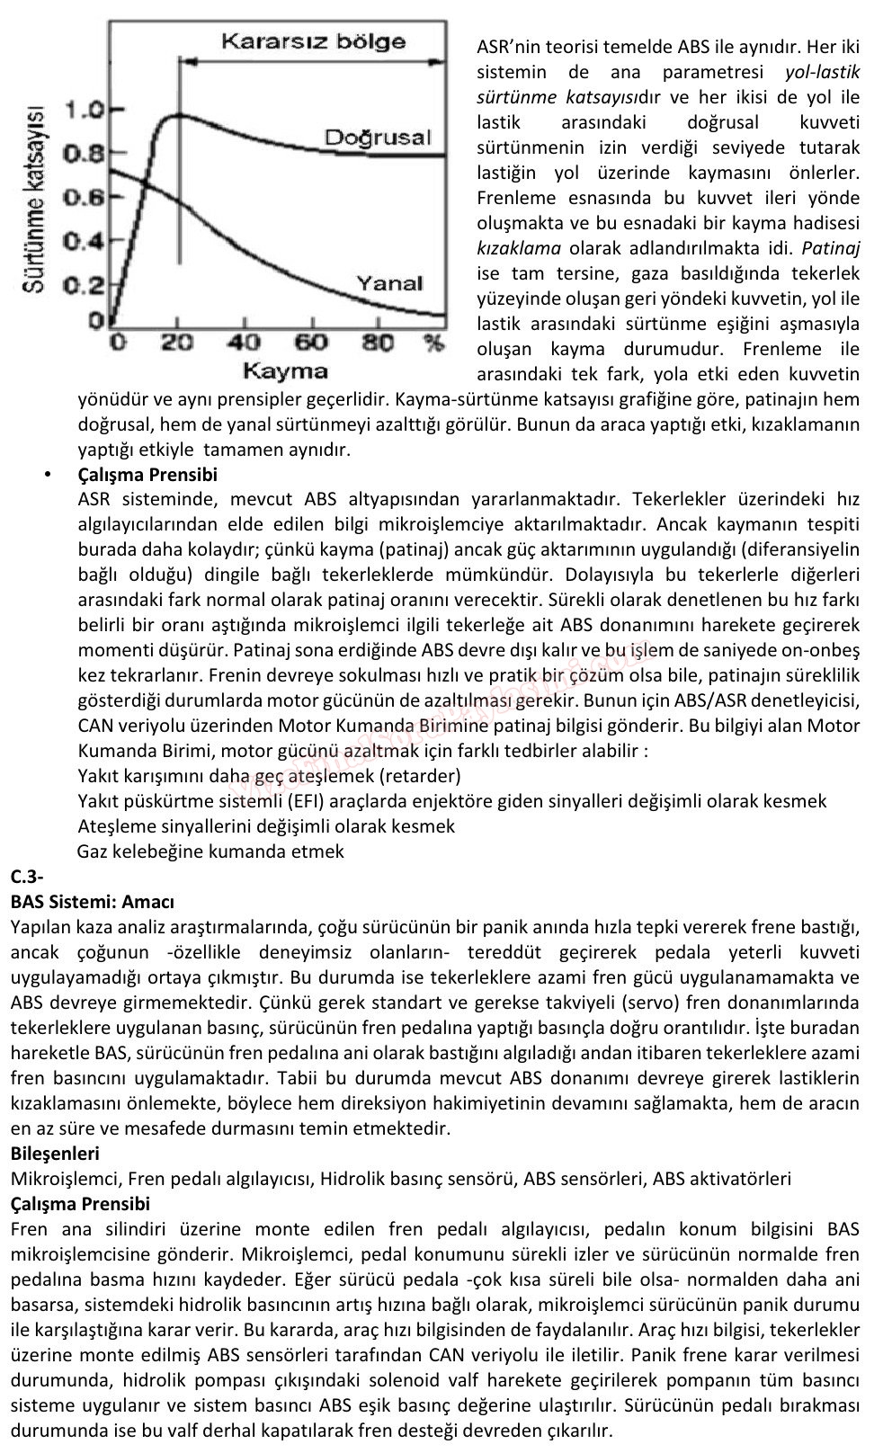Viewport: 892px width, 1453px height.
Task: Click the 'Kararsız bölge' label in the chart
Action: click(x=314, y=40)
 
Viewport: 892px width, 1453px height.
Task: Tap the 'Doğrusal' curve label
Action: click(x=378, y=138)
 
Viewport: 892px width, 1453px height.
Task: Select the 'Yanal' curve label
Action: click(x=389, y=282)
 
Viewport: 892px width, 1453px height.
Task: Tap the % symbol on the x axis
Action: click(x=433, y=343)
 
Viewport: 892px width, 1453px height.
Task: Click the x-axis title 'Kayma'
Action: click(x=285, y=370)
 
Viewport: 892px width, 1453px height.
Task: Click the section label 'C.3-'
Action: click(x=28, y=876)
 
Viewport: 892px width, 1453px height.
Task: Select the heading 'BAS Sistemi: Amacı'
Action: click(x=93, y=901)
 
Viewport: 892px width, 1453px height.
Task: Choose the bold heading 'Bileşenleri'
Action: click(x=55, y=1153)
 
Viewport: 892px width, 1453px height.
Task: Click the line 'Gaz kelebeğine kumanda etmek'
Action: click(x=210, y=851)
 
